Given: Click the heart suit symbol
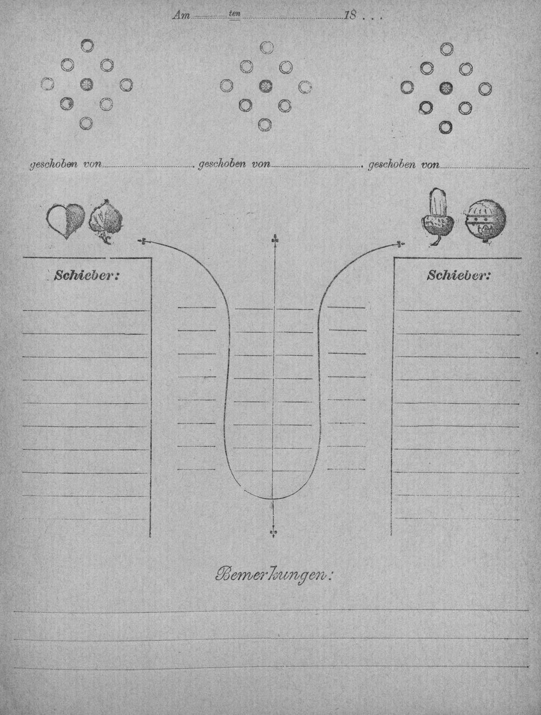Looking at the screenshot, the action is (x=66, y=222).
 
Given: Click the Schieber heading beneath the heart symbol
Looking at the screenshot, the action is (x=87, y=276).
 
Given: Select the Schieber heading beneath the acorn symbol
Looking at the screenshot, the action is (x=458, y=276).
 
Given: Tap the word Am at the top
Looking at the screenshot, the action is (x=181, y=16).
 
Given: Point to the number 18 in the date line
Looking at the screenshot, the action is (x=350, y=15).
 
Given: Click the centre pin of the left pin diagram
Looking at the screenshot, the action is (x=87, y=84).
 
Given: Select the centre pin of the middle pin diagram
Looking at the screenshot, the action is (x=266, y=86).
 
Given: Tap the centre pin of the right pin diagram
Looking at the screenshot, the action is (x=446, y=88).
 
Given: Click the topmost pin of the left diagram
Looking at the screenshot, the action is (x=87, y=45).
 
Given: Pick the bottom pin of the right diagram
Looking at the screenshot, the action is (x=446, y=127).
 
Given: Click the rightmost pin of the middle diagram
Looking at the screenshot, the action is (x=305, y=87).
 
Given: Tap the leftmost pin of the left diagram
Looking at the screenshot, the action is (x=47, y=84).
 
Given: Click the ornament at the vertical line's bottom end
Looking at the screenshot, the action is (x=273, y=533).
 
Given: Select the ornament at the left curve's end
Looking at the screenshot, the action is (x=143, y=242).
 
